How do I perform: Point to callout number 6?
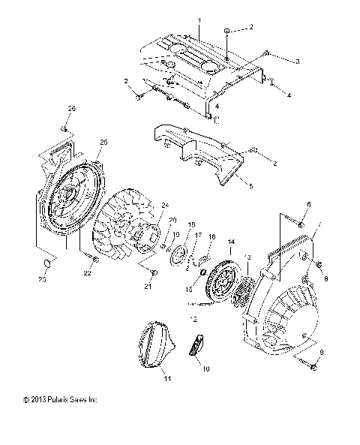[x=307, y=203]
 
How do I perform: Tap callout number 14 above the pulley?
[x=232, y=241]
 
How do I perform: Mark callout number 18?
[x=191, y=224]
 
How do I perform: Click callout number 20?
[x=172, y=220]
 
